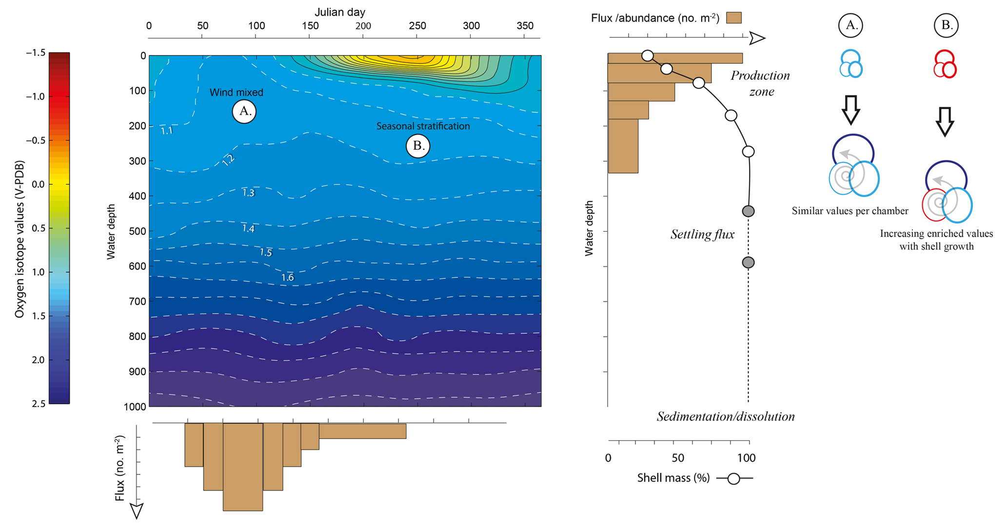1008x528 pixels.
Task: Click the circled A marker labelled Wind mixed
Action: click(244, 112)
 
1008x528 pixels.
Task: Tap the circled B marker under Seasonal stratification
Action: click(418, 146)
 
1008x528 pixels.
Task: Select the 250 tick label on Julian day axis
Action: click(417, 26)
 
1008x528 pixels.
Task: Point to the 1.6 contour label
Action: click(287, 277)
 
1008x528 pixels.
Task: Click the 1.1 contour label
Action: click(167, 131)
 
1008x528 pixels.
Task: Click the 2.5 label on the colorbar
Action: click(38, 404)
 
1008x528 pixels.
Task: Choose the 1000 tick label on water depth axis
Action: click(135, 407)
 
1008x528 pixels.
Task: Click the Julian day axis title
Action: click(339, 12)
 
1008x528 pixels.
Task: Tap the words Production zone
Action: click(760, 83)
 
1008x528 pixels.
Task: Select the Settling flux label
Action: click(702, 235)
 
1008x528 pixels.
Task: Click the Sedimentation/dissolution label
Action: click(726, 416)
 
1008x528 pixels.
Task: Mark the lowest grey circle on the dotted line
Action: click(748, 262)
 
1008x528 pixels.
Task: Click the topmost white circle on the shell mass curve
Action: click(648, 56)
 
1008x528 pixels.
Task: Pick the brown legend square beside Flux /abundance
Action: click(733, 18)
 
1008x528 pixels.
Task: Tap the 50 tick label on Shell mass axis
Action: click(678, 458)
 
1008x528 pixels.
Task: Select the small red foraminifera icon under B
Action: click(945, 64)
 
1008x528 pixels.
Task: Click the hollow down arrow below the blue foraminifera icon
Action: click(851, 110)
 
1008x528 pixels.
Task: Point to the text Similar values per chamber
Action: click(850, 211)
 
